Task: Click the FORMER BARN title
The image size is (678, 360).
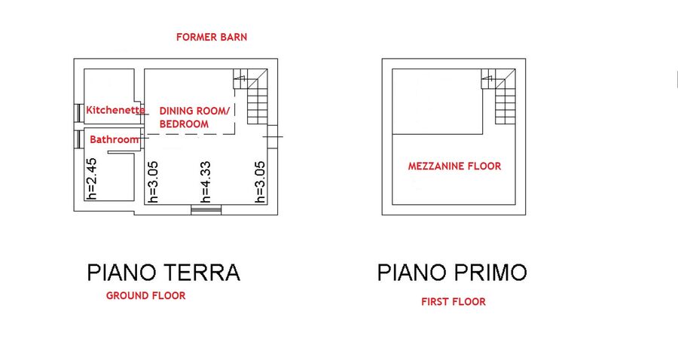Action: click(212, 37)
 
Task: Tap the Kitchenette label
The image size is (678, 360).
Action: click(115, 110)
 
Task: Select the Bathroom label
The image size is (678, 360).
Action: click(115, 139)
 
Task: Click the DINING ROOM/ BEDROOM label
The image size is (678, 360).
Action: click(194, 117)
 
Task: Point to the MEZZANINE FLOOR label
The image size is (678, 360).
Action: click(454, 166)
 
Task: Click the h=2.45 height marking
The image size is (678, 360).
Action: click(91, 178)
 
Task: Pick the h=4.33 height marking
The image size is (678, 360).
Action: click(206, 182)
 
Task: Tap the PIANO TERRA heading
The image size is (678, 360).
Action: click(163, 273)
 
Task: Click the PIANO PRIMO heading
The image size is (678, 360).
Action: click(452, 273)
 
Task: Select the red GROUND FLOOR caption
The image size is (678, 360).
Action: click(145, 295)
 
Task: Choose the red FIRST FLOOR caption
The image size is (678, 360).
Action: click(454, 302)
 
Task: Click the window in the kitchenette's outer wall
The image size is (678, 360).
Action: click(78, 113)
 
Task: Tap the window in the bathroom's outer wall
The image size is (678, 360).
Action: click(78, 139)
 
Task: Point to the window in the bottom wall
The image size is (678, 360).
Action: click(206, 209)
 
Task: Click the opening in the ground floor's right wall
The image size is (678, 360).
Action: click(273, 137)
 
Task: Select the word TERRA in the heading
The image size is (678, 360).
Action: click(203, 273)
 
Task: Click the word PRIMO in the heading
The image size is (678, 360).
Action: click(490, 273)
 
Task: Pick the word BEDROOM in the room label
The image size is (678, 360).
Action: click(185, 124)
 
